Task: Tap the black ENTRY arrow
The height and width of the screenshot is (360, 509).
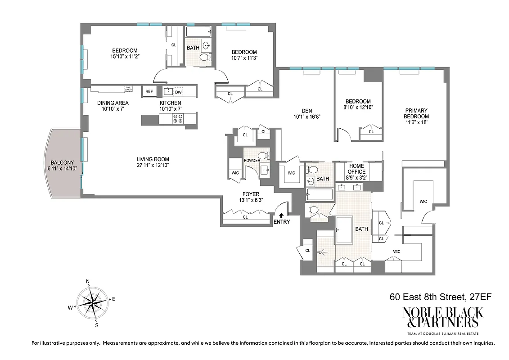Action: pyautogui.click(x=282, y=216)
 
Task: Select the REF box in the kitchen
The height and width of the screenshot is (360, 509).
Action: pyautogui.click(x=149, y=92)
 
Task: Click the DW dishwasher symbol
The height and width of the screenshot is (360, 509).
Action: pyautogui.click(x=179, y=92)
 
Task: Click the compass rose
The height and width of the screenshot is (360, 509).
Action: pyautogui.click(x=92, y=302)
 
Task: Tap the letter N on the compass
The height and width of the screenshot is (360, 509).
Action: pyautogui.click(x=88, y=282)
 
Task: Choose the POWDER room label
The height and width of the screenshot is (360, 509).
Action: pyautogui.click(x=252, y=160)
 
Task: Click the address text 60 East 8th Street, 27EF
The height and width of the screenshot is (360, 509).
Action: pyautogui.click(x=436, y=297)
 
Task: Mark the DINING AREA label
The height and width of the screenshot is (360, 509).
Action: pyautogui.click(x=113, y=103)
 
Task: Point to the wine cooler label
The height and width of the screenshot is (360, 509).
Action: pyautogui.click(x=128, y=89)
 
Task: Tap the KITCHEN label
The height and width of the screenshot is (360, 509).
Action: pyautogui.click(x=170, y=103)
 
